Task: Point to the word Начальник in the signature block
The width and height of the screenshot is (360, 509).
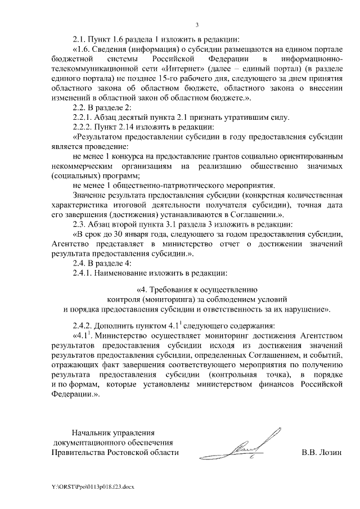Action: [x=93, y=433]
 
